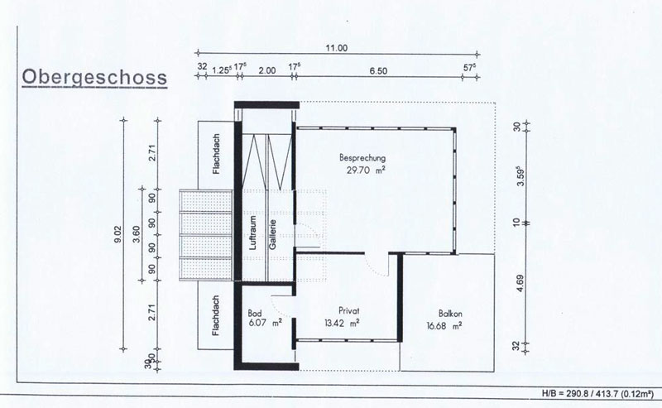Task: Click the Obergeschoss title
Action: (x=94, y=78)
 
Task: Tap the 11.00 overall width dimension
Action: (x=337, y=48)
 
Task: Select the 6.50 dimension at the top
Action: (x=378, y=71)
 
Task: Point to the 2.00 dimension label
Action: (x=266, y=70)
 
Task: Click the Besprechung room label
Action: (x=362, y=158)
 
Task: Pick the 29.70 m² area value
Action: (x=366, y=170)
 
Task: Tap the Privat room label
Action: (x=349, y=311)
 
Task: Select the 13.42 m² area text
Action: (x=342, y=324)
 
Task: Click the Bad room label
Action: (x=255, y=314)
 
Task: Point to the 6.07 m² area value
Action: (x=266, y=324)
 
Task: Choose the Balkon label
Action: (x=450, y=314)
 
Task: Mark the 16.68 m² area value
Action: (x=444, y=326)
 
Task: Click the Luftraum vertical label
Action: (x=253, y=233)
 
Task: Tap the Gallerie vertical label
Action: (x=273, y=234)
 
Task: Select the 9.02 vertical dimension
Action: (x=118, y=234)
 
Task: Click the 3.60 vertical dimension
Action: (x=136, y=233)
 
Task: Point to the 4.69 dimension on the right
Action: (x=520, y=283)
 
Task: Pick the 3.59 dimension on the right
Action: (x=520, y=175)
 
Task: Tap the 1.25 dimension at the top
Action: (x=222, y=70)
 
